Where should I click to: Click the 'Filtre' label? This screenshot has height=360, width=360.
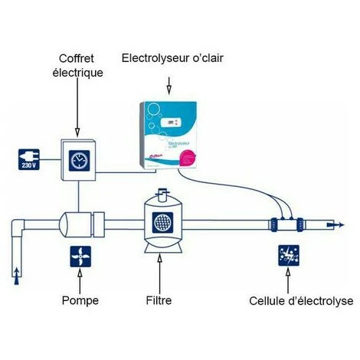(x=159, y=301)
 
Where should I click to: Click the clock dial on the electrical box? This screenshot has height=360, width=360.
(x=78, y=159)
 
